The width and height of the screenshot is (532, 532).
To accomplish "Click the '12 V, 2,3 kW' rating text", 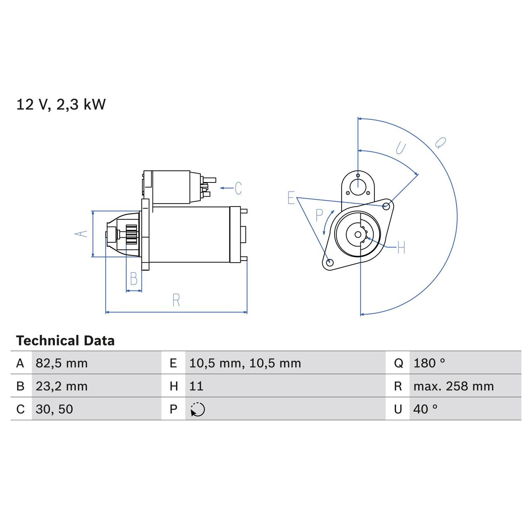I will (61, 104).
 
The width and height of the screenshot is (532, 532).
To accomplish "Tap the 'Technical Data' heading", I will (65, 341).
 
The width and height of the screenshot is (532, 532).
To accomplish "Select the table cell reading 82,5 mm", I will (62, 363).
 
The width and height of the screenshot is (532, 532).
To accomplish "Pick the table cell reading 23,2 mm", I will (62, 386).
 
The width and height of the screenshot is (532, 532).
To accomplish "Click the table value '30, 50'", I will (54, 409).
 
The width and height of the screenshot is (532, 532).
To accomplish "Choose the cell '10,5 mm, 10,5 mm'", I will (245, 363).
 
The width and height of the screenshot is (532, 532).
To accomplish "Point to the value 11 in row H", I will (196, 386).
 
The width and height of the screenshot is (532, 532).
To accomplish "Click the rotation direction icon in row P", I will (198, 409).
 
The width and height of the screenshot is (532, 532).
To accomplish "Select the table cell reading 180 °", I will (429, 363).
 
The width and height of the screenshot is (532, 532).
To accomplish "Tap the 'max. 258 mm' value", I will (453, 386).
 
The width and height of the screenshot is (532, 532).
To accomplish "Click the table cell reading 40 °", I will (425, 409).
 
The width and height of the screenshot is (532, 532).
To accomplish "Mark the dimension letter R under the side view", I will (176, 300).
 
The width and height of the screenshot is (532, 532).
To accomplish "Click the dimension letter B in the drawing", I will (133, 278).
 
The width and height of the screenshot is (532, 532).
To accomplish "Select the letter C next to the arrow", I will (238, 188).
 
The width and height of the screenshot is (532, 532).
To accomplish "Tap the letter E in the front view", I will (291, 198).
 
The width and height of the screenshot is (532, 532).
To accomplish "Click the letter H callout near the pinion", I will (401, 248).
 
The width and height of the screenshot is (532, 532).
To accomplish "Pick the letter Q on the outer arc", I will (440, 143).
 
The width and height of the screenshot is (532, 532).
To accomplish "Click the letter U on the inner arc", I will (400, 148).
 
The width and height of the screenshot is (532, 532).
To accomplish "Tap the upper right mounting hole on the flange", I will (386, 206).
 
